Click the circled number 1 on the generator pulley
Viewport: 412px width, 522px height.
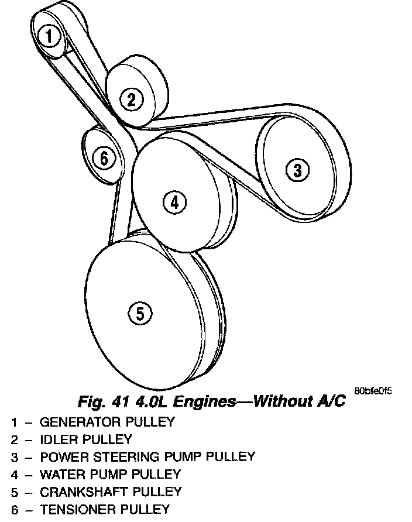coord(50,37)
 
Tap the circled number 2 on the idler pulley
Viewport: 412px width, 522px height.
coord(132,99)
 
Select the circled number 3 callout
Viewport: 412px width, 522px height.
coord(297,170)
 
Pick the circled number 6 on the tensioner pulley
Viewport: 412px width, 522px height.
coord(104,157)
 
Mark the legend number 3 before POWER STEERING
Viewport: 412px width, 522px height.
coord(14,456)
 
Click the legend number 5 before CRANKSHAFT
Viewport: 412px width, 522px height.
coord(14,492)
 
